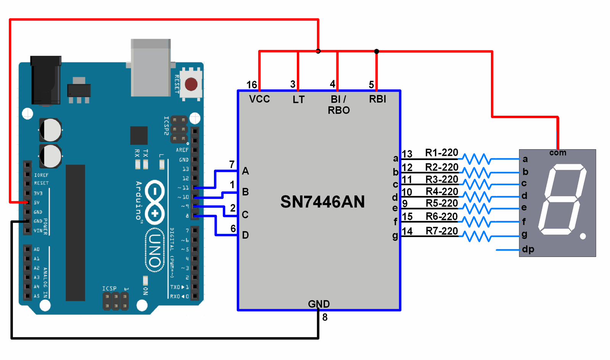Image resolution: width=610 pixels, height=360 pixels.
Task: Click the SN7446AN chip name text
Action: [x=322, y=202]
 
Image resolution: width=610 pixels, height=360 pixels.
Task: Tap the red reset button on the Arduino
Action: [x=191, y=84]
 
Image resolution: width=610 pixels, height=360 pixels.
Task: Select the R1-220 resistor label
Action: [x=441, y=153]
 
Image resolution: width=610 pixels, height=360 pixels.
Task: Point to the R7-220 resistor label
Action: [x=441, y=231]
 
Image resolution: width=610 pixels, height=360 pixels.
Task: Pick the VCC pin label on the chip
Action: [x=259, y=99]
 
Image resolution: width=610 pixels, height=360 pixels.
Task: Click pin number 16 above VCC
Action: [x=252, y=85]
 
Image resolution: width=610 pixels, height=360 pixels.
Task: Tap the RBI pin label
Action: [x=377, y=99]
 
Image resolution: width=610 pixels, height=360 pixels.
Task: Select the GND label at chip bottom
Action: [x=319, y=304]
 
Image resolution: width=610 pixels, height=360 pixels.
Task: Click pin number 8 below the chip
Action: [x=325, y=317]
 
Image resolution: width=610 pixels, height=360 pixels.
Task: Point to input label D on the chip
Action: [x=245, y=235]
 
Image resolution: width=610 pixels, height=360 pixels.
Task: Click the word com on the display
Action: [x=557, y=153]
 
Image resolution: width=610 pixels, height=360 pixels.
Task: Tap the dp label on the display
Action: [x=528, y=249]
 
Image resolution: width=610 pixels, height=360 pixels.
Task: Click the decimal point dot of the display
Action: [x=583, y=236]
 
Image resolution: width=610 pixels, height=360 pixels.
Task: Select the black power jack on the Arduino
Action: [x=45, y=80]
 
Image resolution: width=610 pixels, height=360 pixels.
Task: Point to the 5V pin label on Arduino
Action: [x=37, y=203]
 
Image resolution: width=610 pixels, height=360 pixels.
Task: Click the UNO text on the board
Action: [x=155, y=250]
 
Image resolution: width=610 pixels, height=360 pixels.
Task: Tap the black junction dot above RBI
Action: [x=377, y=51]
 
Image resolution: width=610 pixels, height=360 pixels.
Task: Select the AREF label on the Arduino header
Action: [x=182, y=150]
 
